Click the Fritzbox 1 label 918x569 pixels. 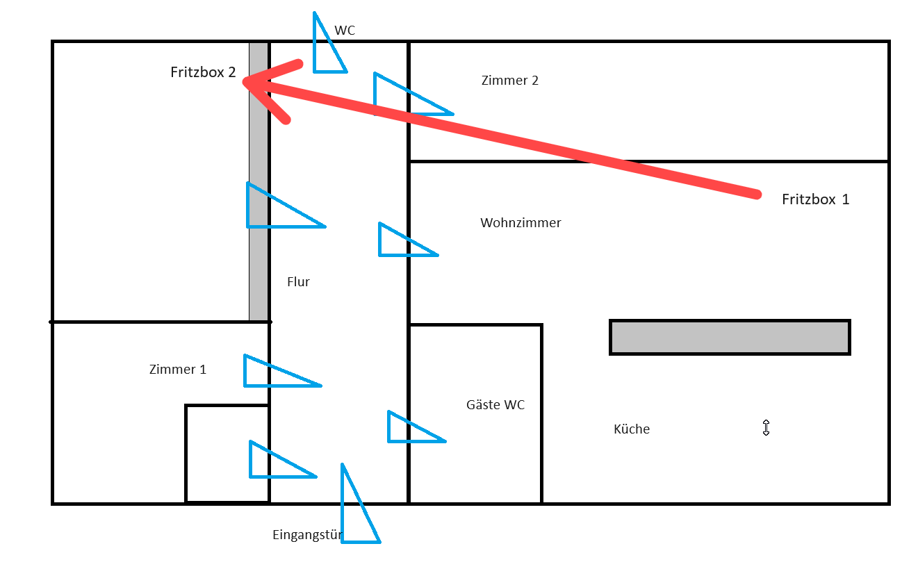pyautogui.click(x=815, y=199)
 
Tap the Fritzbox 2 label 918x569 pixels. pyautogui.click(x=203, y=72)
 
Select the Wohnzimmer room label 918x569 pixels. pyautogui.click(x=521, y=223)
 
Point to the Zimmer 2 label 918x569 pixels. pyautogui.click(x=509, y=81)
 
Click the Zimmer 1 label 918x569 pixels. pyautogui.click(x=177, y=370)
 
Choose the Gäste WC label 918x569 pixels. pyautogui.click(x=495, y=404)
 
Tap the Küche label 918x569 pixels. pyautogui.click(x=632, y=429)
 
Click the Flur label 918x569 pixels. pyautogui.click(x=298, y=282)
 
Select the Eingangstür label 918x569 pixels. pyautogui.click(x=307, y=535)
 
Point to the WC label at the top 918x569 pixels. pyautogui.click(x=345, y=31)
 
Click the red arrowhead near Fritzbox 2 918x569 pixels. pyautogui.click(x=264, y=86)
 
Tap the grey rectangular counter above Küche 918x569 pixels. pyautogui.click(x=730, y=338)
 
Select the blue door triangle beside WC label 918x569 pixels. pyautogui.click(x=325, y=51)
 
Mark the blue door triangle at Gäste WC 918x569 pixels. pyautogui.click(x=407, y=429)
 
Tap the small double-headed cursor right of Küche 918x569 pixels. pyautogui.click(x=766, y=428)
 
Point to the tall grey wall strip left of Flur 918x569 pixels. pyautogui.click(x=259, y=181)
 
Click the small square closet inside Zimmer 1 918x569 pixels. pyautogui.click(x=227, y=453)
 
